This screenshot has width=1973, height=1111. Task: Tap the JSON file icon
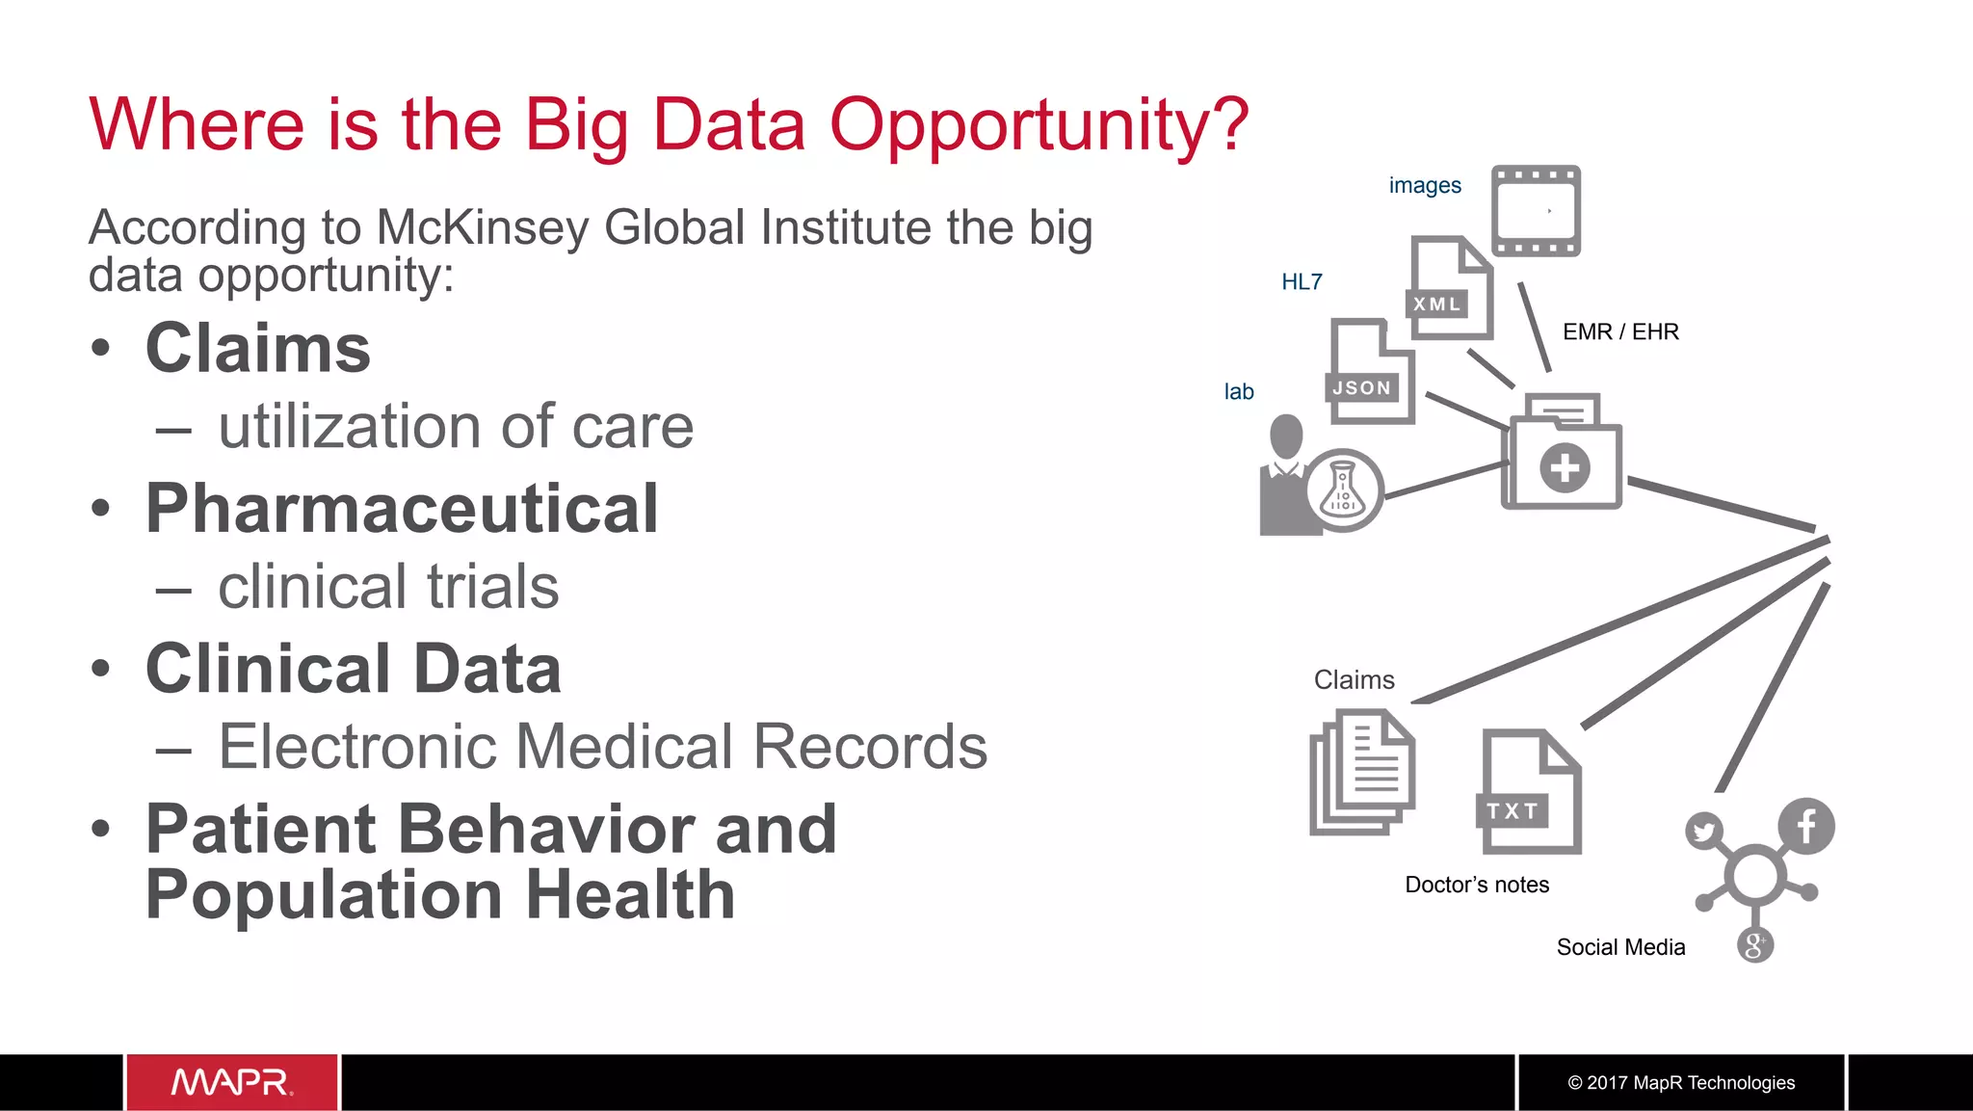pos(1371,372)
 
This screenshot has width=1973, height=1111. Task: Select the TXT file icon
pos(1528,792)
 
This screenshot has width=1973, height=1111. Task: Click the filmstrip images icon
pos(1536,210)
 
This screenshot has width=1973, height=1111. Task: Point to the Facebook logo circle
pos(1806,826)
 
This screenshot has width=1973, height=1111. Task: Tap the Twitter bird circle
pos(1704,831)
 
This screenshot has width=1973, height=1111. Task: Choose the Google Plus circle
pos(1754,944)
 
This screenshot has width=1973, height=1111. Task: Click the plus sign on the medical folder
pos(1565,468)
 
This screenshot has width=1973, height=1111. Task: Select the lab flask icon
pos(1344,489)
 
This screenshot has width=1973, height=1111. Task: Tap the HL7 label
pos(1302,281)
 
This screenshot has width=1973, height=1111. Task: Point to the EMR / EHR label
pos(1620,331)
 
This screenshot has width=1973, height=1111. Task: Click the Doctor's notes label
pos(1477,885)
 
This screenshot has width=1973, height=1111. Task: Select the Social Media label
pos(1620,947)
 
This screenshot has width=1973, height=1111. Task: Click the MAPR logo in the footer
pos(232,1082)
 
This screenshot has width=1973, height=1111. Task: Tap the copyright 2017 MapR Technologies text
pos(1681,1082)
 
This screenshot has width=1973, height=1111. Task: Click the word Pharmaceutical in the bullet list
pos(402,508)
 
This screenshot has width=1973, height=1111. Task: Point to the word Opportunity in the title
pos(1039,124)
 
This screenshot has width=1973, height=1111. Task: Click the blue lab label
pos(1239,391)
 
